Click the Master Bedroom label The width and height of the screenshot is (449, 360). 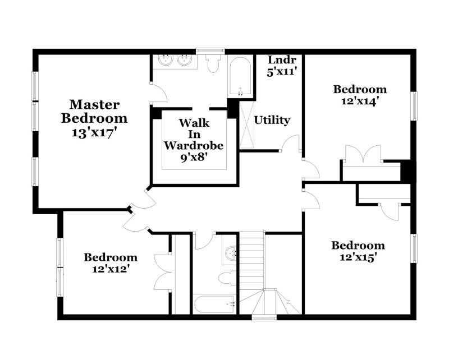click(94, 111)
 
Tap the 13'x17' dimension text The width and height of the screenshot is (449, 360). click(94, 133)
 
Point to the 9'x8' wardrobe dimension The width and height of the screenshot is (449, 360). click(194, 158)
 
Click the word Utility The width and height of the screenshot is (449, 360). click(272, 120)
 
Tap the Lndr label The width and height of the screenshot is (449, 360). click(278, 59)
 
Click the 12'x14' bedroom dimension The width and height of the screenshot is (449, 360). click(360, 101)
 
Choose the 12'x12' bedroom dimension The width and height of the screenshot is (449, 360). click(111, 269)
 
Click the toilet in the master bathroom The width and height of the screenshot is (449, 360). click(213, 64)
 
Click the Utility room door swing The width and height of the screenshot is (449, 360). click(290, 143)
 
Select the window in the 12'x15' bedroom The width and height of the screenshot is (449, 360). click(415, 248)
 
